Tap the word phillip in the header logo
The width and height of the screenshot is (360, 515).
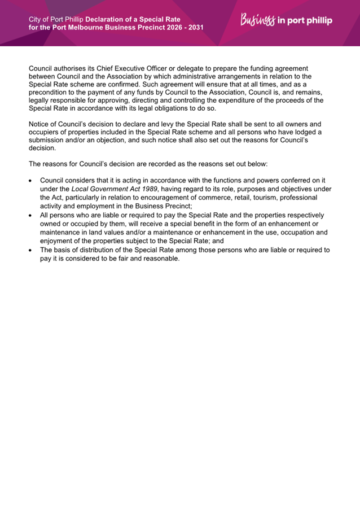tap(317, 21)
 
